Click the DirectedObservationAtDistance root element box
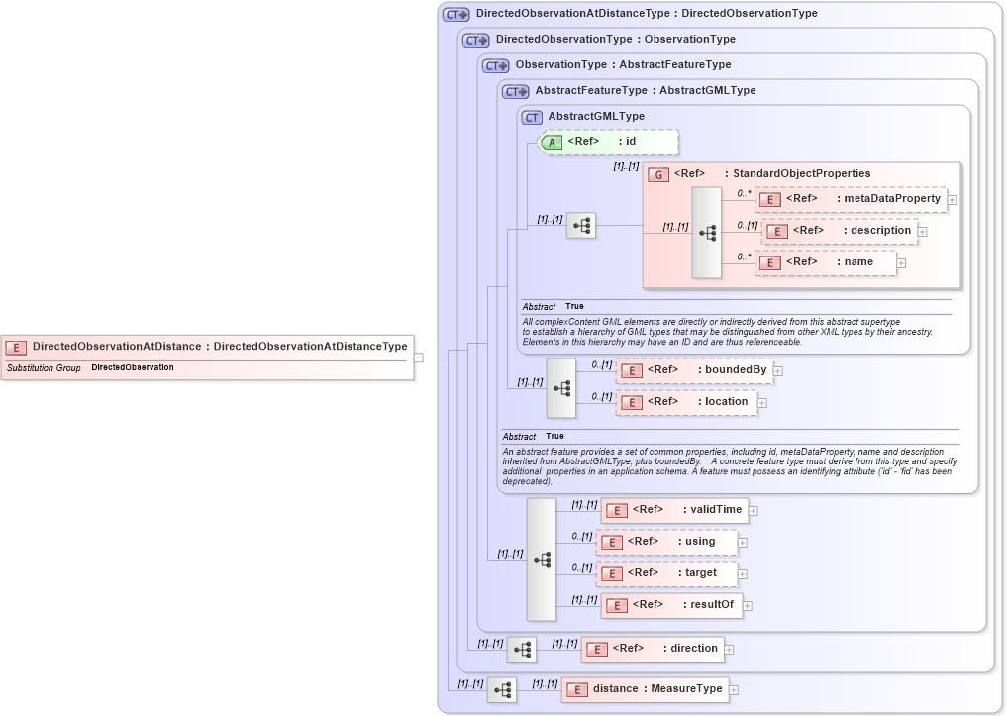click(208, 347)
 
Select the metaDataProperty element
click(851, 199)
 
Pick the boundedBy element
click(692, 370)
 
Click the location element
click(686, 402)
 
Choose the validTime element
click(673, 510)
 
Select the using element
click(665, 542)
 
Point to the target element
click(665, 573)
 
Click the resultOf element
click(671, 605)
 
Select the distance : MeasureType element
click(645, 689)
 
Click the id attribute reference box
click(608, 142)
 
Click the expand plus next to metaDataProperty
click(952, 200)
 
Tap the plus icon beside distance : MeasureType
click(734, 690)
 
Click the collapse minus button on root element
click(419, 358)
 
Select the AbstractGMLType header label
click(596, 117)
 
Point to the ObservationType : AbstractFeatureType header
click(623, 65)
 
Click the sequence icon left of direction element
click(522, 650)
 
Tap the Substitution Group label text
click(44, 368)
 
